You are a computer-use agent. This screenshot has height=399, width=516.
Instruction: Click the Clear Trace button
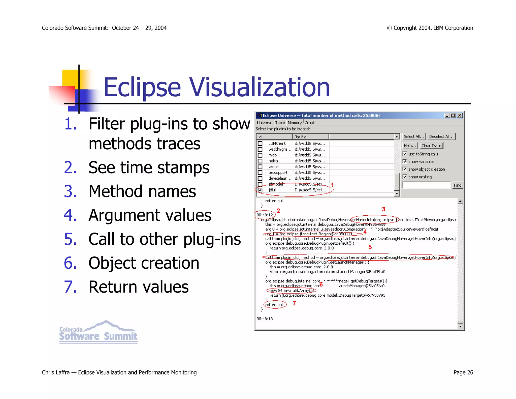[x=431, y=146]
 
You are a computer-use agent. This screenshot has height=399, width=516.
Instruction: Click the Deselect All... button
[x=441, y=136]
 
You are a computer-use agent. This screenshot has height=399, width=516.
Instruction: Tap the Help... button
[x=409, y=146]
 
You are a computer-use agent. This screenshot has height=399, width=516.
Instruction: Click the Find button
[x=457, y=185]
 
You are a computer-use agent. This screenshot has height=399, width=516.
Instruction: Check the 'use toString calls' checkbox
[x=405, y=154]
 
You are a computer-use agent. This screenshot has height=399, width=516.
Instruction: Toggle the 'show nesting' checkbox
[x=405, y=177]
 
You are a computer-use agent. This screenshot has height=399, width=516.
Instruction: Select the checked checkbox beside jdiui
[x=260, y=190]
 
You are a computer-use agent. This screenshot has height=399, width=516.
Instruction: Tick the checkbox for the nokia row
[x=260, y=161]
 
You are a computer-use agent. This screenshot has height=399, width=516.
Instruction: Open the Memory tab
[x=295, y=123]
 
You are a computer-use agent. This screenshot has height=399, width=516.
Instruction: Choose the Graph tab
[x=310, y=123]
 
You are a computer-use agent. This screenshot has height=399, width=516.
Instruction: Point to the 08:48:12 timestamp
[x=265, y=215]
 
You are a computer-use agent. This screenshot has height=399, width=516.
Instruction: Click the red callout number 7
[x=294, y=304]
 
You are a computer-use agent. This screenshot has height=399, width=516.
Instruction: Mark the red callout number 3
[x=383, y=209]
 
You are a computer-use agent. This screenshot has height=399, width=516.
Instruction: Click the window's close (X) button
[x=460, y=115]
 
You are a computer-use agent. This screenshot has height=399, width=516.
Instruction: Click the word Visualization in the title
[x=259, y=87]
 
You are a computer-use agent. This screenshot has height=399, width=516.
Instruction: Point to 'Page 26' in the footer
[x=463, y=372]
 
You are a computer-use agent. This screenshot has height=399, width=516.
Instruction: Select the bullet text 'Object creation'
[x=144, y=263]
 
